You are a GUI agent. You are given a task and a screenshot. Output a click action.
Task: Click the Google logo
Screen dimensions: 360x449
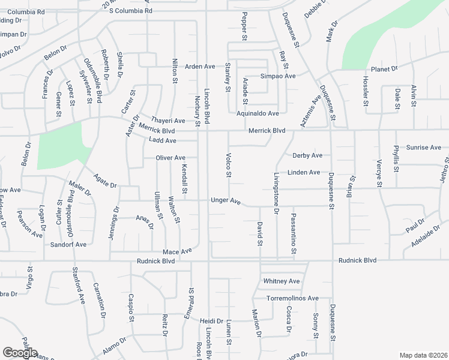(20, 353)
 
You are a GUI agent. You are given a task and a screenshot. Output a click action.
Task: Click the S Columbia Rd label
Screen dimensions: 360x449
(131, 11)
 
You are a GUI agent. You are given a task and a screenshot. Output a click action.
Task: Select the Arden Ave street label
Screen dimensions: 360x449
(200, 66)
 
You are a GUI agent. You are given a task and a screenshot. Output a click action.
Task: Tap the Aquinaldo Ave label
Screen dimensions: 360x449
(258, 113)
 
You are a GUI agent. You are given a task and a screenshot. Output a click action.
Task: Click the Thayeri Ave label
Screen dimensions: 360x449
(168, 120)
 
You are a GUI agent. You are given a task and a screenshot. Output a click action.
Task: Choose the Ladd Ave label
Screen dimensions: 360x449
(162, 140)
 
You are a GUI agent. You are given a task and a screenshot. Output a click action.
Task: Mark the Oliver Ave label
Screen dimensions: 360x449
(170, 158)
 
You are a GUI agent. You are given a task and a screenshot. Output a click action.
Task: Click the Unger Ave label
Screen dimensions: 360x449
(225, 201)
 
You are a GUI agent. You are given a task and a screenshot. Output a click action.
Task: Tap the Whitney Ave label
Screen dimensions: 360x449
(281, 281)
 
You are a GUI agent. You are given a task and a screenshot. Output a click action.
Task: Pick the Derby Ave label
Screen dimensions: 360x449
(307, 155)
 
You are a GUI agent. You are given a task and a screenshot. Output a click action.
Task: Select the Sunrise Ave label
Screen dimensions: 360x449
(423, 147)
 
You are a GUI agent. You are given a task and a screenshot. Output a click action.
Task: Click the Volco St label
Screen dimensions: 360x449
(228, 166)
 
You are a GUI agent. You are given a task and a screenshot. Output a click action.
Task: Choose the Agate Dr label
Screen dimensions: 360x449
(105, 181)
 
